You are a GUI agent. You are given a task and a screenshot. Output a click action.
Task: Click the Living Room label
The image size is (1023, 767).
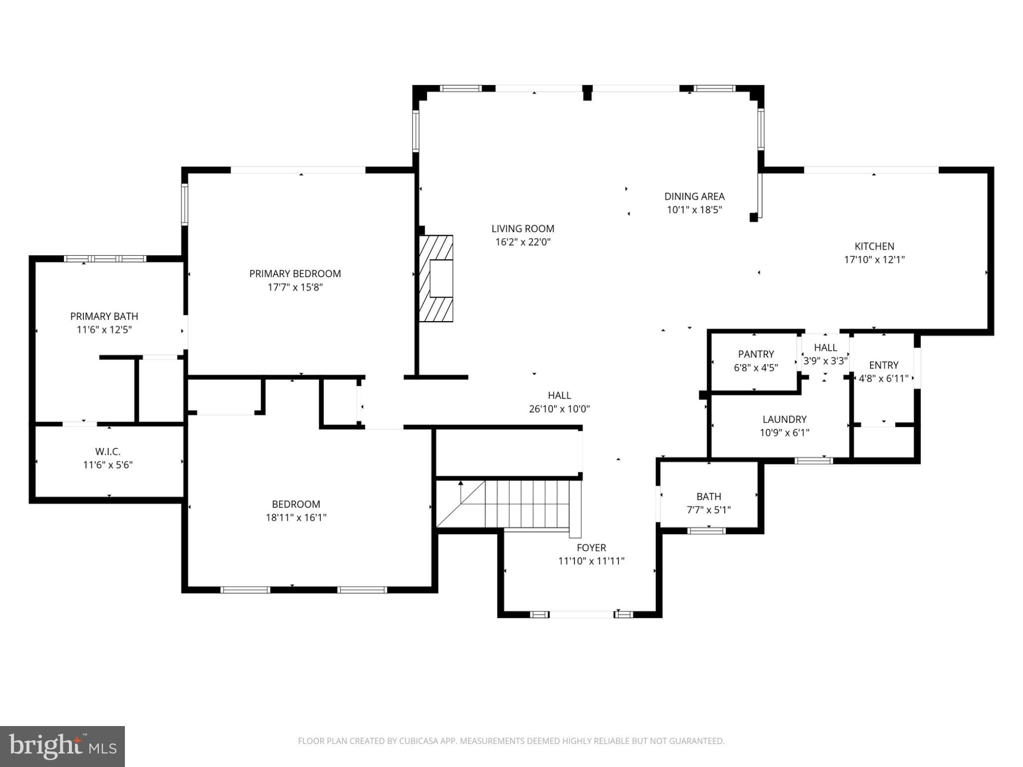pyautogui.click(x=522, y=229)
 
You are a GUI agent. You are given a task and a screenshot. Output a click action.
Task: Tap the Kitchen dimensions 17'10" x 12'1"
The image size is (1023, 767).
pyautogui.click(x=874, y=260)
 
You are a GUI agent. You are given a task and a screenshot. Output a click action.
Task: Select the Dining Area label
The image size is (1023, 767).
pyautogui.click(x=694, y=197)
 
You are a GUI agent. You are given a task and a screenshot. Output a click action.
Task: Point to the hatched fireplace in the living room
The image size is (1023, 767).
pyautogui.click(x=436, y=279)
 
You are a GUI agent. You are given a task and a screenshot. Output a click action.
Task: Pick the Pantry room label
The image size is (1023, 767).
pyautogui.click(x=756, y=354)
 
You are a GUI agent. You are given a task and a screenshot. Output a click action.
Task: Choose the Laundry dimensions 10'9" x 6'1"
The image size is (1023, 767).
pyautogui.click(x=784, y=432)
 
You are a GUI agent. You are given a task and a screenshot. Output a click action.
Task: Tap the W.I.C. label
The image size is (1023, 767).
pyautogui.click(x=108, y=452)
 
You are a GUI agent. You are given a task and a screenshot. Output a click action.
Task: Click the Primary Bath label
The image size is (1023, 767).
pyautogui.click(x=104, y=316)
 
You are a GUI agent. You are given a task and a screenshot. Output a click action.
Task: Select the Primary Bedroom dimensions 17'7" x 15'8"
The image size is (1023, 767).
pyautogui.click(x=295, y=287)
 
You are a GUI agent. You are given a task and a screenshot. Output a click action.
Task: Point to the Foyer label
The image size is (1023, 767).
pyautogui.click(x=591, y=548)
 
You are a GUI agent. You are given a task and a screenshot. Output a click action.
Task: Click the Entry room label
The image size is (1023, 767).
pyautogui.click(x=884, y=365)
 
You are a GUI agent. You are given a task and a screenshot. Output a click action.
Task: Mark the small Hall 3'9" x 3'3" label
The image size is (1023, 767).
pyautogui.click(x=825, y=354)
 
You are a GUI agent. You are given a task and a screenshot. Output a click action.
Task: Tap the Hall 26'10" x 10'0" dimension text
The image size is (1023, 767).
pyautogui.click(x=559, y=409)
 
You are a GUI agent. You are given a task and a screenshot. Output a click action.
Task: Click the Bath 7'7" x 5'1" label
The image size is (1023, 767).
pyautogui.click(x=709, y=503)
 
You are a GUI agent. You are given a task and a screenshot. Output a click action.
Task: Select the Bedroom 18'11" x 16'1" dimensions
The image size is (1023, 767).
pyautogui.click(x=296, y=517)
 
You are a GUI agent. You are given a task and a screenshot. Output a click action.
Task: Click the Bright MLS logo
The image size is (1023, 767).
pyautogui.click(x=62, y=747)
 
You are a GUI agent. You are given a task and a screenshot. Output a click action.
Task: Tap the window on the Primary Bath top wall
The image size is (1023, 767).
pyautogui.click(x=105, y=259)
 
